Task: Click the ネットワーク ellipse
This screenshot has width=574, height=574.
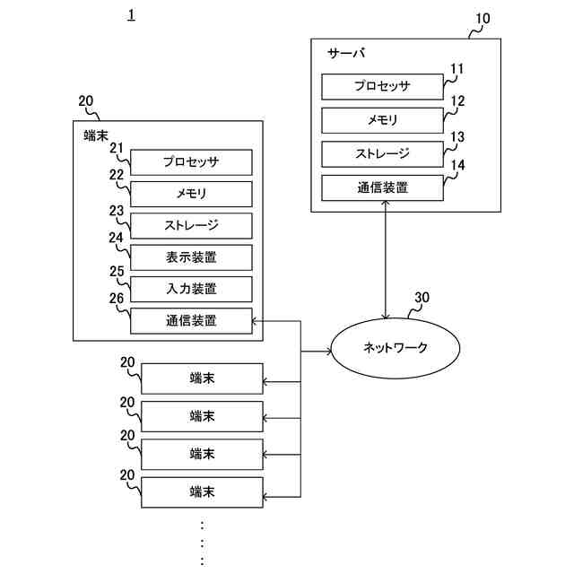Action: coord(395,347)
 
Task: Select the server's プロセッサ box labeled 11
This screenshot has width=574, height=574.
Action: coord(382,86)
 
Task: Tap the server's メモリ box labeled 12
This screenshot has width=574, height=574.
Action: coord(382,120)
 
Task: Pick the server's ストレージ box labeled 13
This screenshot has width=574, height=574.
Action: coord(382,153)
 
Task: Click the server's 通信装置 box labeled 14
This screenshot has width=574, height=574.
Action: coord(382,187)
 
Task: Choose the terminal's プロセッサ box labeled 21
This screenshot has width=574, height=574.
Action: coord(191,162)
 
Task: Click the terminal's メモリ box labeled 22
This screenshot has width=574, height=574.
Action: coord(191,194)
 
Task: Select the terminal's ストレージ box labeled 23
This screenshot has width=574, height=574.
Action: coord(191,225)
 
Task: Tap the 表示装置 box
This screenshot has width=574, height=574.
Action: coord(191,257)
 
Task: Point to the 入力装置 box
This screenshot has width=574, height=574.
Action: coord(191,289)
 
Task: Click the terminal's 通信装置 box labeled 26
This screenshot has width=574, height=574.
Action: coord(191,321)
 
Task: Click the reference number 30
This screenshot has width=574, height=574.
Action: coord(422,297)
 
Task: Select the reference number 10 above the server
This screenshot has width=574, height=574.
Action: coord(483,18)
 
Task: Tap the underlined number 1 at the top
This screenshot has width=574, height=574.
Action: coord(132,14)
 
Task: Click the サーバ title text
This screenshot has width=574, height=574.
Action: coord(346,54)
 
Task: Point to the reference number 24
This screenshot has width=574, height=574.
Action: coord(116,238)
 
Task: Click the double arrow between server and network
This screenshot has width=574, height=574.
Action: coord(385,259)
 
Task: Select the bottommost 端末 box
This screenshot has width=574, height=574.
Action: coord(202,492)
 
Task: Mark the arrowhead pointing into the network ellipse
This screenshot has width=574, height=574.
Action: coord(328,352)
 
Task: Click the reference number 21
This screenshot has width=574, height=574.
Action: coord(117,148)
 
